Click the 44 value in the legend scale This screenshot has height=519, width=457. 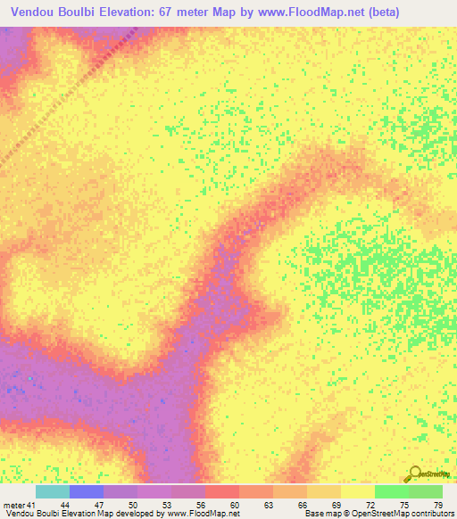[64, 504]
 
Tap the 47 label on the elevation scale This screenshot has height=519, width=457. [98, 504]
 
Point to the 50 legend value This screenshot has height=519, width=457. [132, 504]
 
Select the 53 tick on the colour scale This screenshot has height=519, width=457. [166, 504]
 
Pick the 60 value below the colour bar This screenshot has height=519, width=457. [234, 504]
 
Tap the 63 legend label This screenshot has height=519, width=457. [268, 504]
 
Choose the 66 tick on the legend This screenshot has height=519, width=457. [302, 504]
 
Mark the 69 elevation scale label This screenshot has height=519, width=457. [336, 504]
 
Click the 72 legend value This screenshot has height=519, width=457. [370, 504]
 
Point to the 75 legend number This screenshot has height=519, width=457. [403, 504]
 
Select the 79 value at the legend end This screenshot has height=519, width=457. [436, 504]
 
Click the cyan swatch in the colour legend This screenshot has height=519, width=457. [53, 491]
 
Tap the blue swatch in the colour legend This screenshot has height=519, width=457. [87, 491]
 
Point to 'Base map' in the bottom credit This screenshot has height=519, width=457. [322, 514]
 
